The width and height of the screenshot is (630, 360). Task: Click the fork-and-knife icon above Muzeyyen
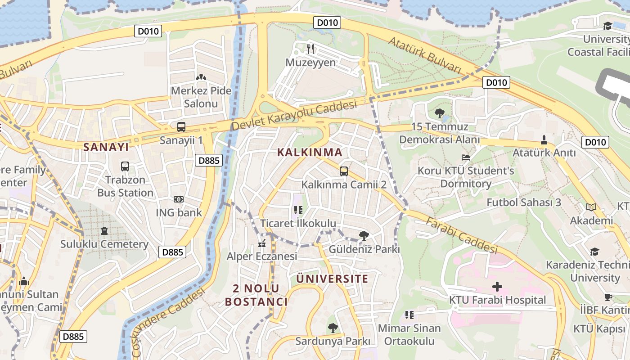pyautogui.click(x=310, y=48)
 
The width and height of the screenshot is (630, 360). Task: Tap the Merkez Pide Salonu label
pyautogui.click(x=201, y=97)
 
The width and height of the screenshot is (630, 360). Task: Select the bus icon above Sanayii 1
pyautogui.click(x=181, y=127)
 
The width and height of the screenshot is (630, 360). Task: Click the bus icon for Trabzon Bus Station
pyautogui.click(x=125, y=166)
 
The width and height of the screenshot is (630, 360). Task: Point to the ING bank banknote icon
pyautogui.click(x=179, y=199)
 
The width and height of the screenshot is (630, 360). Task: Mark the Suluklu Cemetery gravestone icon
pyautogui.click(x=104, y=231)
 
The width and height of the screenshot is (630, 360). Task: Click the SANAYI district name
pyautogui.click(x=106, y=147)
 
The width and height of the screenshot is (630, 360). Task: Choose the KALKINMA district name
pyautogui.click(x=310, y=152)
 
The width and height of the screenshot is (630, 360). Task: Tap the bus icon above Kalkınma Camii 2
pyautogui.click(x=344, y=171)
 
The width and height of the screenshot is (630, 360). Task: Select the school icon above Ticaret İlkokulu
pyautogui.click(x=298, y=210)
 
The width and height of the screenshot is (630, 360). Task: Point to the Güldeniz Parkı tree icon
pyautogui.click(x=364, y=235)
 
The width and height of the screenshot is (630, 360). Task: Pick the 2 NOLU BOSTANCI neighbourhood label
pyautogui.click(x=256, y=295)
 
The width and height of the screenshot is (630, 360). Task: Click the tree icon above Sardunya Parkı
pyautogui.click(x=333, y=328)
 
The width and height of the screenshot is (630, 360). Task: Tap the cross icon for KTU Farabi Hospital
pyautogui.click(x=497, y=287)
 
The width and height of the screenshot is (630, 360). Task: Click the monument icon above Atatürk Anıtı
pyautogui.click(x=544, y=139)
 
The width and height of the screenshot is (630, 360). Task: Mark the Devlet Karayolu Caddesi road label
pyautogui.click(x=294, y=116)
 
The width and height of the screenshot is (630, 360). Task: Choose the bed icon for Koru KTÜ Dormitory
pyautogui.click(x=466, y=157)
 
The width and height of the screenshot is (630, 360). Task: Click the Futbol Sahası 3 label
pyautogui.click(x=524, y=202)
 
